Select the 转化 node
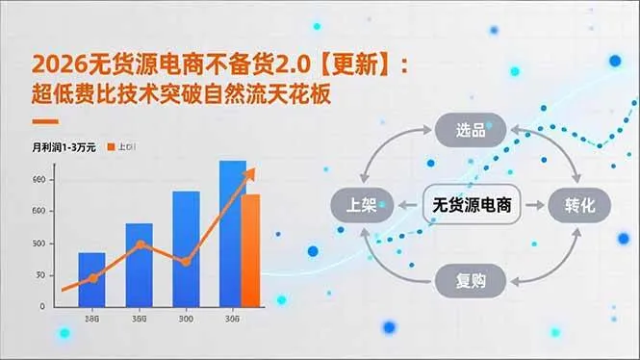point(580,204)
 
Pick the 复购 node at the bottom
point(471,281)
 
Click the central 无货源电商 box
point(471,204)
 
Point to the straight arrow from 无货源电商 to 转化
point(532,204)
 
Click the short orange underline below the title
point(45,122)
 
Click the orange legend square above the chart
point(112,146)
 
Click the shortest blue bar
point(91,279)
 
